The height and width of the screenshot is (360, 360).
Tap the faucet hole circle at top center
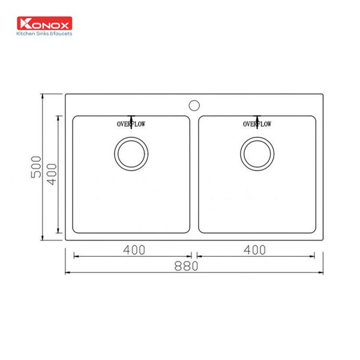pyautogui.click(x=194, y=104)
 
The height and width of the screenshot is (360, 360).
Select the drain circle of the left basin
pyautogui.click(x=130, y=153)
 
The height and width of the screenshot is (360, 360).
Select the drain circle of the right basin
pyautogui.click(x=256, y=153)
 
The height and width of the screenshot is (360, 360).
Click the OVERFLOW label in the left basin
pyautogui.click(x=131, y=124)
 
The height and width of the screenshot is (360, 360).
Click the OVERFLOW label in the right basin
pyautogui.click(x=257, y=124)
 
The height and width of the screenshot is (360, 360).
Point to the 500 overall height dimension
pyautogui.click(x=36, y=166)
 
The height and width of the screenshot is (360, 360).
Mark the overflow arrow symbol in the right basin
pyautogui.click(x=257, y=118)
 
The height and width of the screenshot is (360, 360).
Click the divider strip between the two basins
pyautogui.click(x=194, y=174)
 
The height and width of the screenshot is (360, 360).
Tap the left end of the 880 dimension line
pyautogui.click(x=65, y=273)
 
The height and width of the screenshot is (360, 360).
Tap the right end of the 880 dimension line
pyautogui.click(x=323, y=273)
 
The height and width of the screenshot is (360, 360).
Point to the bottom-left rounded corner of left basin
pyautogui.click(x=76, y=230)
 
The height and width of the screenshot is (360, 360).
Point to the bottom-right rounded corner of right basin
pyautogui.click(x=313, y=230)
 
